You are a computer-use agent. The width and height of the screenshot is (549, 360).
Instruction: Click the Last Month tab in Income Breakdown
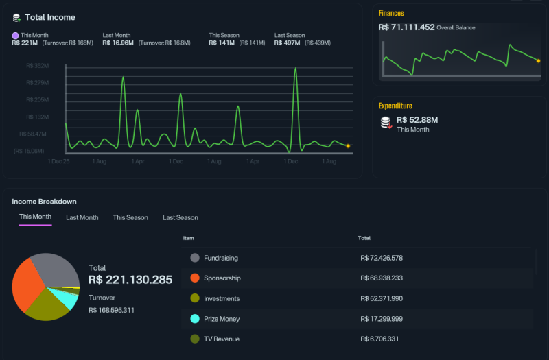coord(82,217)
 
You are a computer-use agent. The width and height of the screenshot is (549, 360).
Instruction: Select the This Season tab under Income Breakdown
coord(130,217)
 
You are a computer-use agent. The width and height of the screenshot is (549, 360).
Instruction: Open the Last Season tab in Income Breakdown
coord(180,217)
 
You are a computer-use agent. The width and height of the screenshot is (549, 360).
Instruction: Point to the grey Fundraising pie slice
coord(58,269)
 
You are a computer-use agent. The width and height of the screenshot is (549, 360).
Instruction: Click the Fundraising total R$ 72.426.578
coord(382,258)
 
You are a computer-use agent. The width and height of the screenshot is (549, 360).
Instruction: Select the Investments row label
coord(222,298)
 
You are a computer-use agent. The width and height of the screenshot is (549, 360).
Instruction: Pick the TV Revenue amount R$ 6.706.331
coord(379,339)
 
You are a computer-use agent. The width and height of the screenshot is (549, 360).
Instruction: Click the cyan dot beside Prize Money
coord(195,319)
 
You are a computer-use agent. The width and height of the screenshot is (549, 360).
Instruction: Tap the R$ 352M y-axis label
coord(38,66)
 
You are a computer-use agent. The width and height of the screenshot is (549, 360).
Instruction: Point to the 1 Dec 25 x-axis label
coord(58,161)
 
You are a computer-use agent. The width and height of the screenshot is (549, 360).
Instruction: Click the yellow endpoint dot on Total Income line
coord(348,146)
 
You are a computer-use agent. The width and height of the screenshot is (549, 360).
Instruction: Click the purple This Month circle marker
coord(15,36)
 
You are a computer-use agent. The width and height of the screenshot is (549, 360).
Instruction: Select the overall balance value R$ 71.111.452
coord(406,27)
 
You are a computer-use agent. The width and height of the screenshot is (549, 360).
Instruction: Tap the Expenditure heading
coord(395,106)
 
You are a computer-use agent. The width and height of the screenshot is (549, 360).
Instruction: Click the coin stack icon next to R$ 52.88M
coord(386,123)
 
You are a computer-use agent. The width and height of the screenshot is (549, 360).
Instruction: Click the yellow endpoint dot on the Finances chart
coord(538,61)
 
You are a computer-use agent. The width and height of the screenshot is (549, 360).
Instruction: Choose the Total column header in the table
coord(364,238)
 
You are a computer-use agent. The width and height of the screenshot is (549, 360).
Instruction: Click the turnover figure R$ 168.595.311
coord(111,310)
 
